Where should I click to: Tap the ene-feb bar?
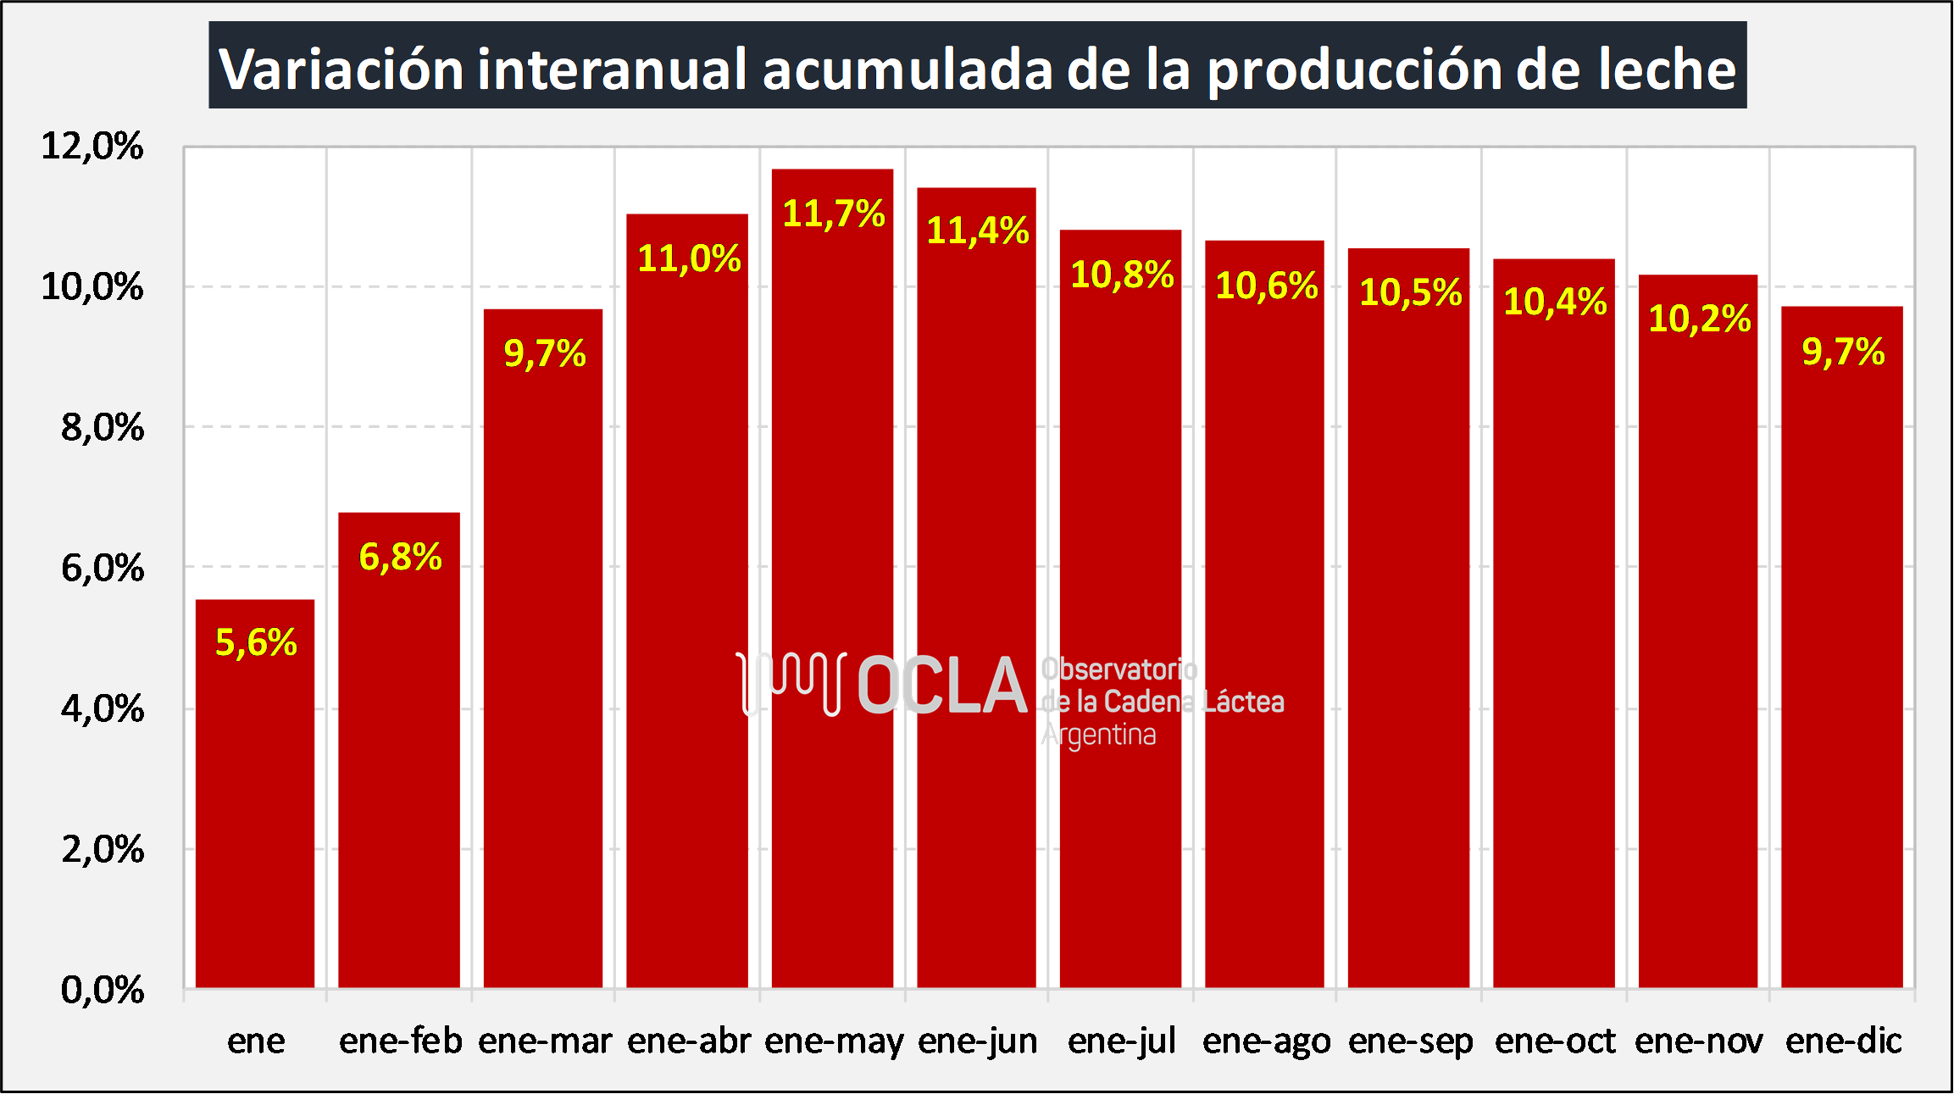tap(399, 763)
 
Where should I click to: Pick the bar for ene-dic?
tap(1841, 661)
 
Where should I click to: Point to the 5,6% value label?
tap(256, 642)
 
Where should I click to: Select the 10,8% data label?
tap(1122, 275)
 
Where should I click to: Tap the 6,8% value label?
tap(400, 557)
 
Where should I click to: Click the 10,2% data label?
tap(1699, 319)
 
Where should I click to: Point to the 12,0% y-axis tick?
tap(92, 146)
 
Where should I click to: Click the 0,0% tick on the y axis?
tap(102, 989)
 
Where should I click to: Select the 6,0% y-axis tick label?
tap(102, 568)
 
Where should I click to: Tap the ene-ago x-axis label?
tap(1266, 1041)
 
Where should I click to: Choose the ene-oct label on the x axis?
tap(1555, 1041)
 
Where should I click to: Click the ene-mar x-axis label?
tap(545, 1041)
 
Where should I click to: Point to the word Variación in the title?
tap(341, 69)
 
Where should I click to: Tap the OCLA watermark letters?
tap(942, 686)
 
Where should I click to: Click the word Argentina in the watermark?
tap(1098, 735)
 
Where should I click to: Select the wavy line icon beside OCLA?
tap(791, 683)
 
